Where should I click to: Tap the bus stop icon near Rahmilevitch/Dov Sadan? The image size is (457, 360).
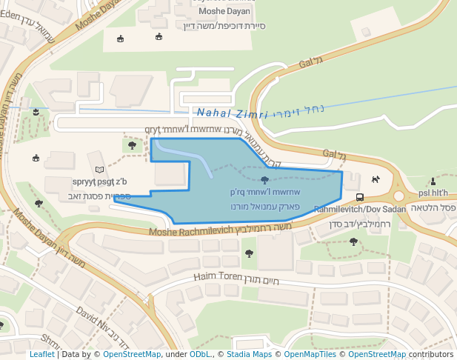pyautogui.click(x=359, y=197)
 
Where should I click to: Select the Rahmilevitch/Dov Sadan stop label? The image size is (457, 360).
pyautogui.click(x=360, y=210)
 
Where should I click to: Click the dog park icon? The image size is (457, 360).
pyautogui.click(x=376, y=179)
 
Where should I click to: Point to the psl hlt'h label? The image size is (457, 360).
pyautogui.click(x=433, y=193)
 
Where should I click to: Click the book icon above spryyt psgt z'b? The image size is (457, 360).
pyautogui.click(x=100, y=170)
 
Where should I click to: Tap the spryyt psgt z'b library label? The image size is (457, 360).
pyautogui.click(x=100, y=182)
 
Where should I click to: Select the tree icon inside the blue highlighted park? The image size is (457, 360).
pyautogui.click(x=264, y=180)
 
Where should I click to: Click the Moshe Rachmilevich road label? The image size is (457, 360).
pyautogui.click(x=190, y=233)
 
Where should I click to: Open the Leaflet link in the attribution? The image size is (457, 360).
pyautogui.click(x=41, y=355)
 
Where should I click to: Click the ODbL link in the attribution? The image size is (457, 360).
pyautogui.click(x=200, y=355)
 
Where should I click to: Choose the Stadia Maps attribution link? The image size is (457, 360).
pyautogui.click(x=252, y=355)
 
